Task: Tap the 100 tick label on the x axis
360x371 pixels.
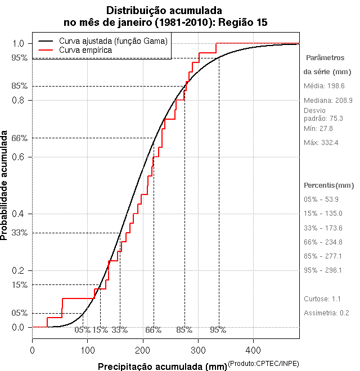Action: tap(87, 350)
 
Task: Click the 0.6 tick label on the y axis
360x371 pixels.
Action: tap(18, 157)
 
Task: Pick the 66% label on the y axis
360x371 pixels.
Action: tap(20, 138)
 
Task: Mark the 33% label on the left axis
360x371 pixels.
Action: tap(20, 233)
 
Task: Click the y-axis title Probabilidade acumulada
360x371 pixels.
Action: tap(5, 186)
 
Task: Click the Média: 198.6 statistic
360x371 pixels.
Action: tap(324, 86)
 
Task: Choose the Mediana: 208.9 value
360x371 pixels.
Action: tap(328, 100)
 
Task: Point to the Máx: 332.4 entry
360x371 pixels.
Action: tap(321, 142)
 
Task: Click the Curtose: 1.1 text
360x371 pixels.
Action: tap(322, 298)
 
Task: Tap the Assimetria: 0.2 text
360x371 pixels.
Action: tap(326, 313)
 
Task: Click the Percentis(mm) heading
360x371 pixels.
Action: tap(329, 185)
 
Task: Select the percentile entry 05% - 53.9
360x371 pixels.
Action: tap(321, 199)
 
